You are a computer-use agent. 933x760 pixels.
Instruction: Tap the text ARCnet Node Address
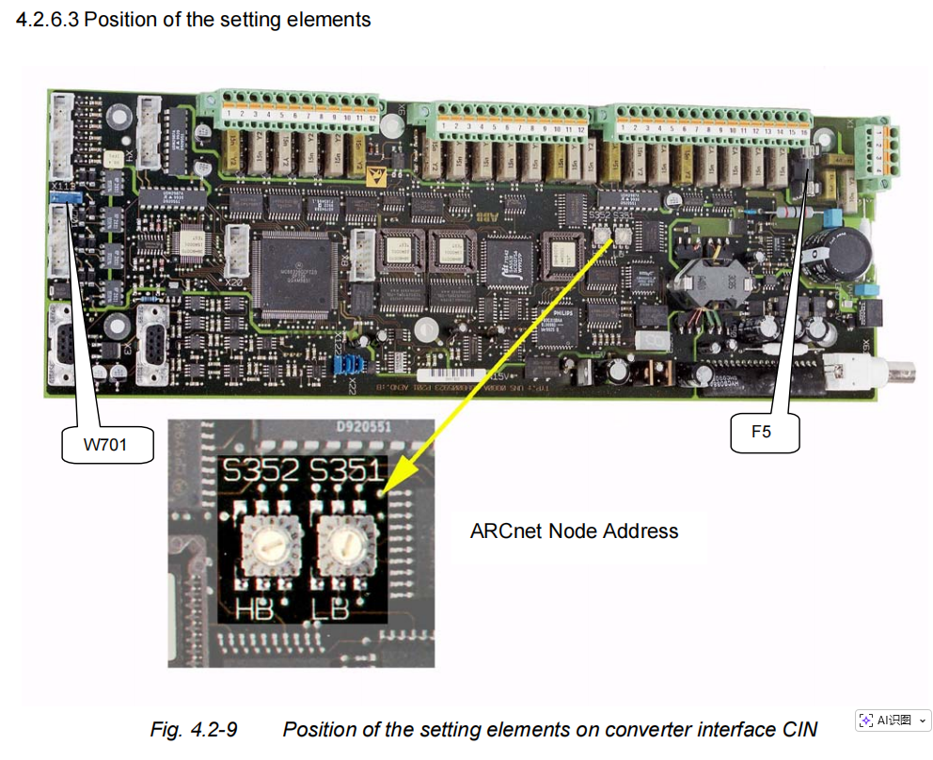coord(574,530)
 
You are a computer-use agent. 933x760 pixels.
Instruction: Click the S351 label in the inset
coord(345,472)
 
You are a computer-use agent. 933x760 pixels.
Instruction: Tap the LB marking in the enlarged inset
coord(330,610)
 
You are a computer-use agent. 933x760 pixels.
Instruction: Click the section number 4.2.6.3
coord(47,19)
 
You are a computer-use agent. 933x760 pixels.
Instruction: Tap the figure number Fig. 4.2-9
coord(194,729)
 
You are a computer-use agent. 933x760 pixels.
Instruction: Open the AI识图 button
coord(893,720)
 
